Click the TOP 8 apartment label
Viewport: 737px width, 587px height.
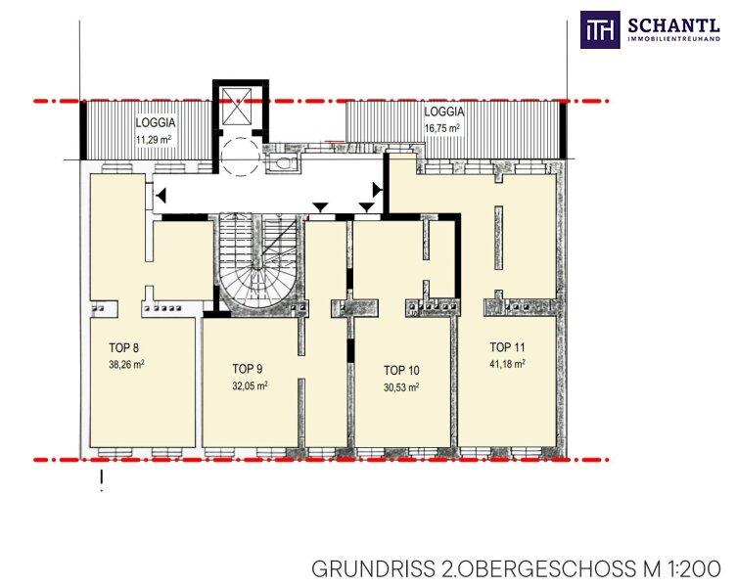(x=123, y=347)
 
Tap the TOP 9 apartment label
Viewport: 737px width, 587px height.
(x=248, y=369)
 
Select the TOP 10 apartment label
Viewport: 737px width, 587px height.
(x=401, y=371)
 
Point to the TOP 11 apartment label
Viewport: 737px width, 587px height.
(x=507, y=347)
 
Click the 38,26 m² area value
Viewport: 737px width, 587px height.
(x=126, y=364)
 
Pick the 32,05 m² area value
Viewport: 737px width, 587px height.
(x=250, y=385)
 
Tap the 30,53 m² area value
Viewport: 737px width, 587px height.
(x=401, y=387)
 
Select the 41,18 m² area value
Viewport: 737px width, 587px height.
(x=507, y=364)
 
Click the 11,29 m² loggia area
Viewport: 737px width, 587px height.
(x=154, y=140)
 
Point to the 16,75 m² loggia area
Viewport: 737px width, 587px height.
(x=442, y=128)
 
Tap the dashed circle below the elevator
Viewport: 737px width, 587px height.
(x=240, y=156)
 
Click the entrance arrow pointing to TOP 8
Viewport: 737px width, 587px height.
(x=161, y=195)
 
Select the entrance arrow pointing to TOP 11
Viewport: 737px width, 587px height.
(x=378, y=190)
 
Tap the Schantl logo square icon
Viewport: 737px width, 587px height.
(x=600, y=29)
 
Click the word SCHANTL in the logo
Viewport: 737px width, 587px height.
(x=674, y=24)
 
